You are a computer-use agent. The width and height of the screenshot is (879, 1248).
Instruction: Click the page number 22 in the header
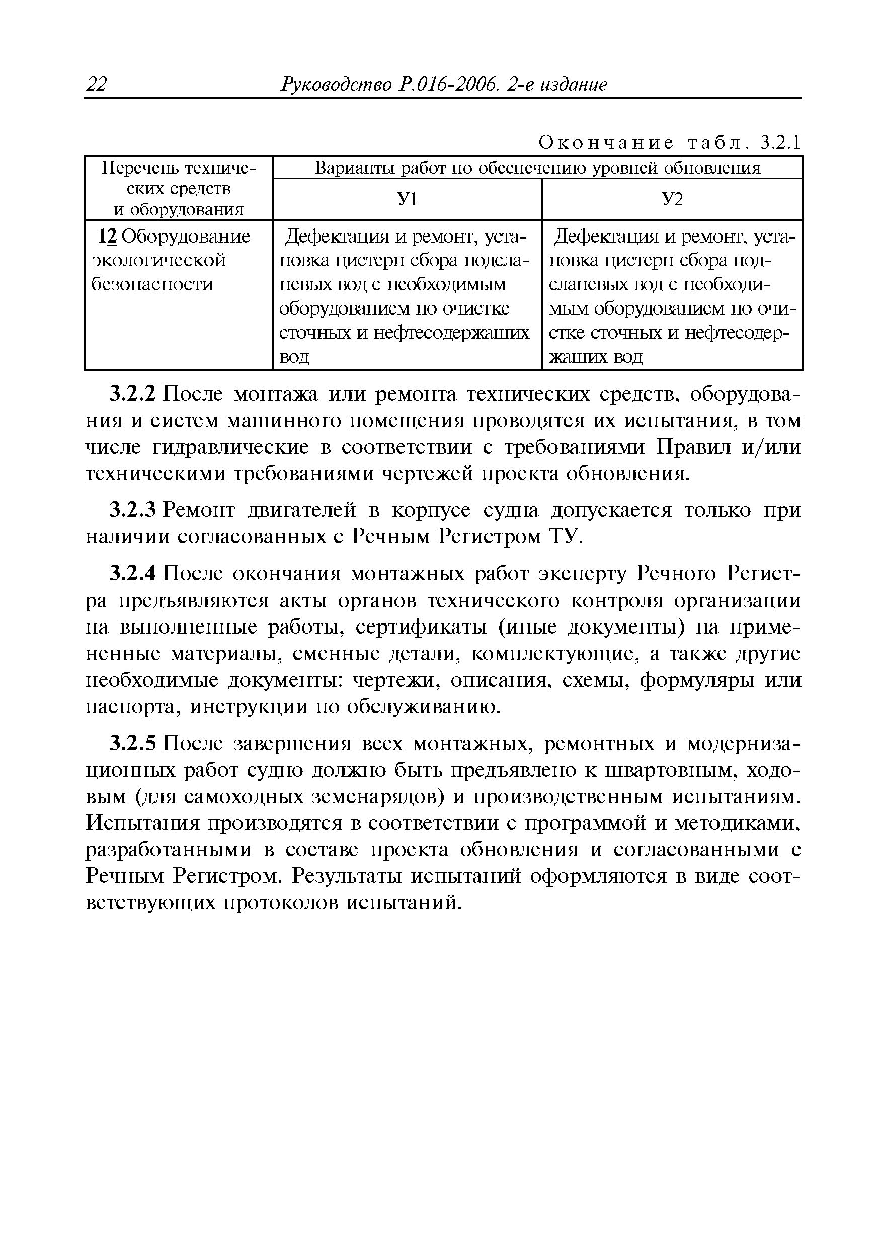tap(97, 84)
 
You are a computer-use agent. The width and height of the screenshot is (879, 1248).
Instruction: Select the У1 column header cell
tap(407, 199)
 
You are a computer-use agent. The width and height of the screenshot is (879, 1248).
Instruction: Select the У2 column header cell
tap(672, 199)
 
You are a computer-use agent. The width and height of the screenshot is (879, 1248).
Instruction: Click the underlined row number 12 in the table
tap(108, 237)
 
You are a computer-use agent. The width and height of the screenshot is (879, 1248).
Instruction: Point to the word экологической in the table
tap(158, 260)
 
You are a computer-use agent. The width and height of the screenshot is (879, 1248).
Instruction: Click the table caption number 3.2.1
tap(780, 143)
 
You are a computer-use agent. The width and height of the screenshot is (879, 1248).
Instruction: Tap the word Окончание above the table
tap(606, 143)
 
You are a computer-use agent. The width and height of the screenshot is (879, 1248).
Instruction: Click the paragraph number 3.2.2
tap(133, 394)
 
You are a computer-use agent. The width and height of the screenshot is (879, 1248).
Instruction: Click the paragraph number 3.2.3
tap(133, 510)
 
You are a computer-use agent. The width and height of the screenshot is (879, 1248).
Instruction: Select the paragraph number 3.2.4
tap(133, 574)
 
